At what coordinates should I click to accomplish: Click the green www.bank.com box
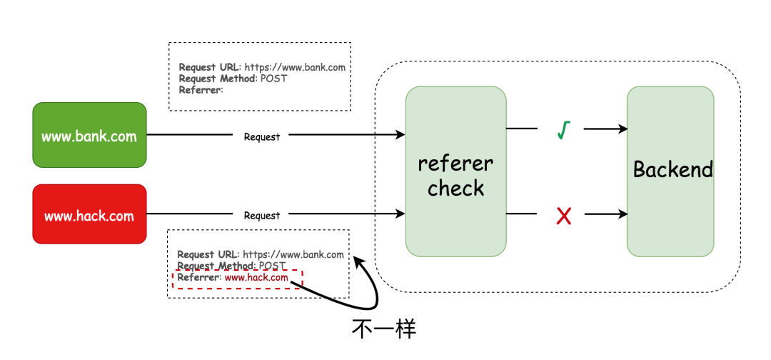click(x=89, y=135)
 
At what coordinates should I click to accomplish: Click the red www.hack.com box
click(x=89, y=214)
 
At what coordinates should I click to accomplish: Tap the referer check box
click(x=455, y=171)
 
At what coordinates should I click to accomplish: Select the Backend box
click(x=670, y=171)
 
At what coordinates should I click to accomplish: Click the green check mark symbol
click(x=563, y=130)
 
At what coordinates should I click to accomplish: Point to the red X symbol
click(x=563, y=216)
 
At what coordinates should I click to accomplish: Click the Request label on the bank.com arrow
click(x=261, y=137)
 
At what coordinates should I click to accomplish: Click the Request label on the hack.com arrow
click(x=261, y=216)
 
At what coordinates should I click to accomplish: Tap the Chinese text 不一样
click(x=384, y=329)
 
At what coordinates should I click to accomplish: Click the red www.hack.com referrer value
click(x=256, y=278)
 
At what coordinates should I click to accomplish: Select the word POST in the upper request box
click(x=274, y=79)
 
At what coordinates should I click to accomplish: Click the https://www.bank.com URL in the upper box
click(x=295, y=67)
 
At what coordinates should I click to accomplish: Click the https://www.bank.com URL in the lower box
click(x=293, y=255)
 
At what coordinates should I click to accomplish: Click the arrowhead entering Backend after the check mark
click(x=623, y=129)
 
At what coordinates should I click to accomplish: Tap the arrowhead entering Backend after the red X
click(x=623, y=214)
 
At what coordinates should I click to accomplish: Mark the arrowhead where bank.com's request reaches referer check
click(x=400, y=134)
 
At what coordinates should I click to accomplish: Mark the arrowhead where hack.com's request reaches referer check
click(x=400, y=214)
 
